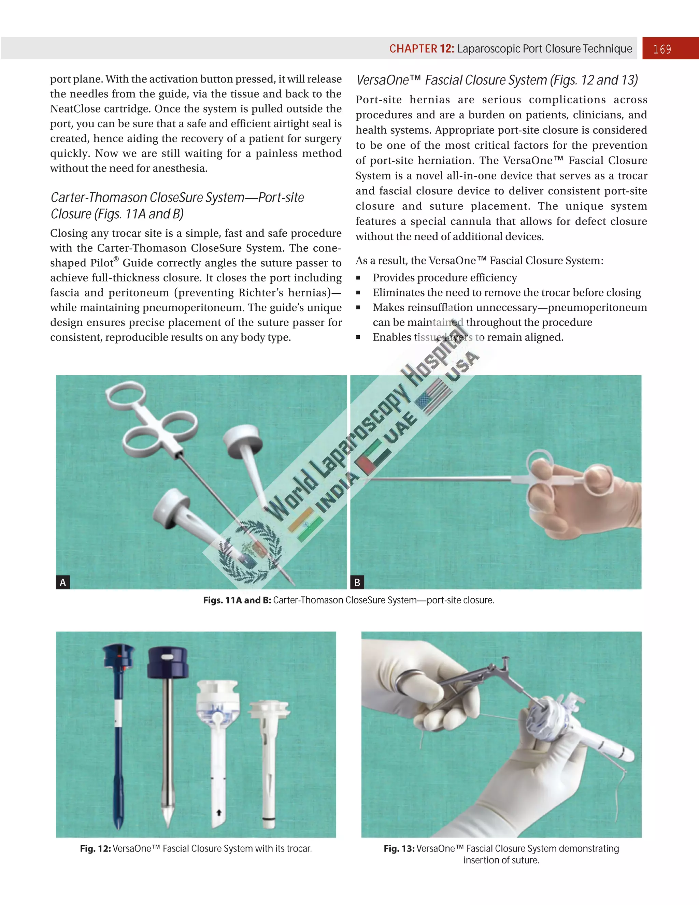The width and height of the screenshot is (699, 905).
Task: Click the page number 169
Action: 662,49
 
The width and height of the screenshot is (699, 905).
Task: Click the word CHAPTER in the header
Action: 413,49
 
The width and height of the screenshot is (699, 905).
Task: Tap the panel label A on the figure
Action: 62,582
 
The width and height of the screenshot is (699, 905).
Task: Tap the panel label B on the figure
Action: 357,582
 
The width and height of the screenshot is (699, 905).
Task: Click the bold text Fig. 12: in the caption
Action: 95,849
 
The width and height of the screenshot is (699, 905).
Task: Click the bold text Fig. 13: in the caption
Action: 399,849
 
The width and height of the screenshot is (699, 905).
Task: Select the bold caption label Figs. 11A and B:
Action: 237,600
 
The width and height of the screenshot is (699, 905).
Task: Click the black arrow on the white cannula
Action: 219,813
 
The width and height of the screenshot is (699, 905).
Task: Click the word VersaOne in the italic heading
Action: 382,80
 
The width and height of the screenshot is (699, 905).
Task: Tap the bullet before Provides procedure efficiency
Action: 358,278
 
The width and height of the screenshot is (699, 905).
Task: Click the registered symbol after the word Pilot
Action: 116,259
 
